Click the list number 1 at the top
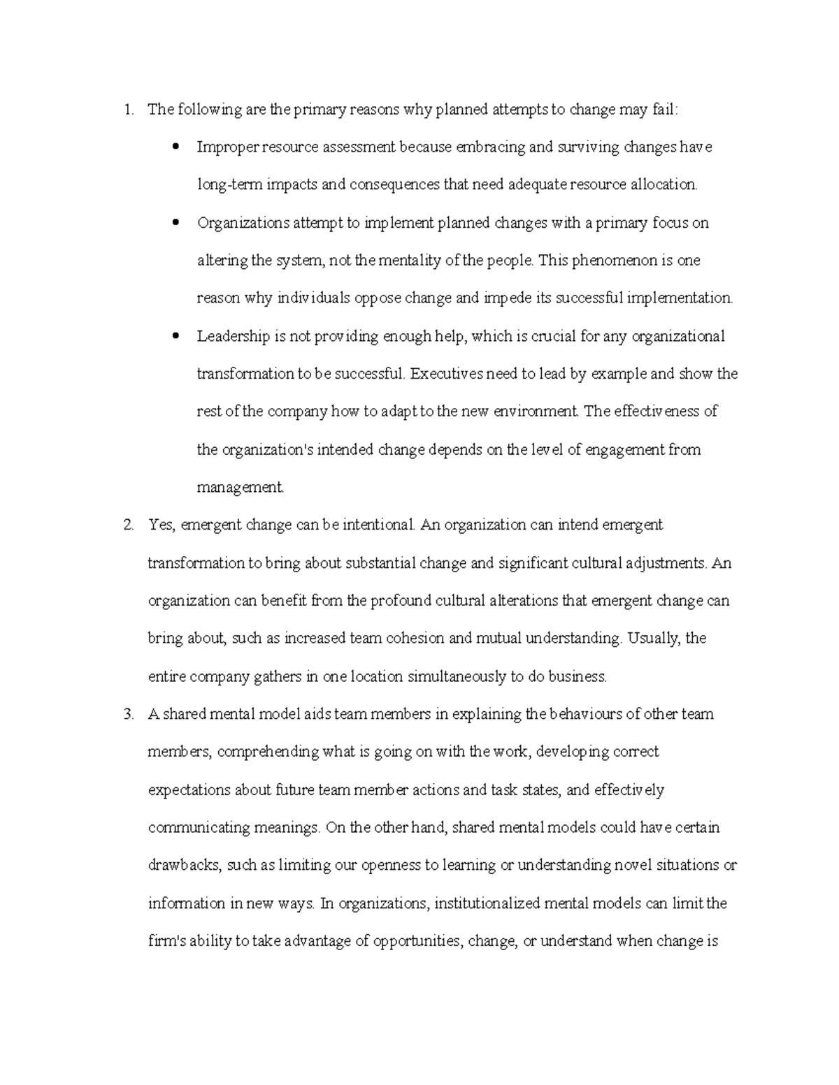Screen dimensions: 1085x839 (127, 110)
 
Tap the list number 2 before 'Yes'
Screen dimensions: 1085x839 (127, 525)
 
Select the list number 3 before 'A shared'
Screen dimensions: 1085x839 (127, 714)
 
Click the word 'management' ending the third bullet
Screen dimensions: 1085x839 (239, 487)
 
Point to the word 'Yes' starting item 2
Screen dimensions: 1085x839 (161, 525)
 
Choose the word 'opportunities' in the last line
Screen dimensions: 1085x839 (417, 941)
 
